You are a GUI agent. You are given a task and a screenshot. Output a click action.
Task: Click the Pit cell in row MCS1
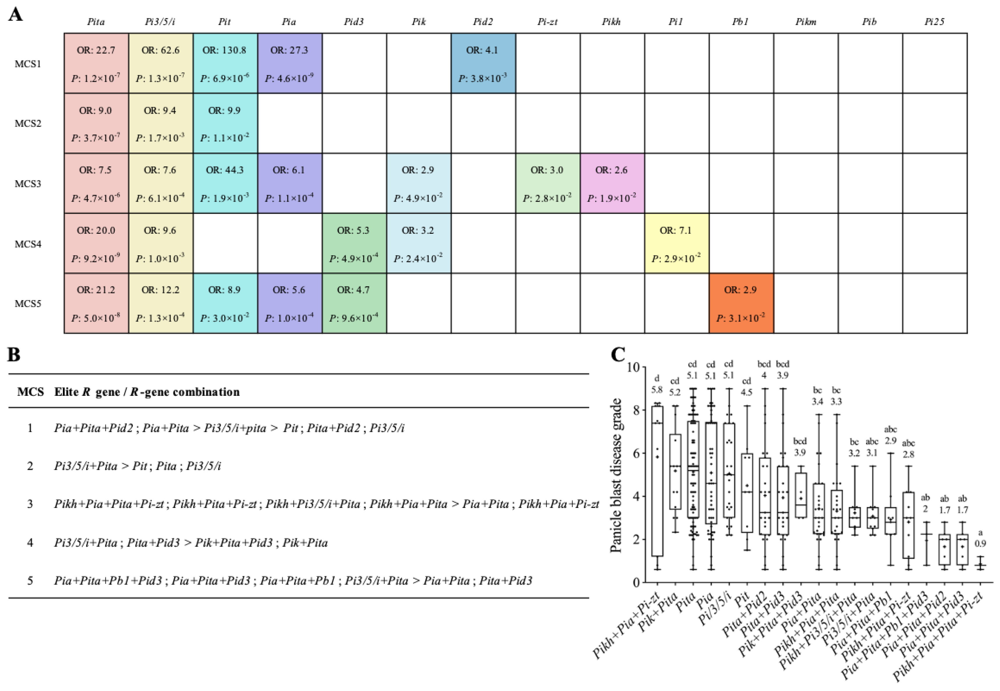coord(225,63)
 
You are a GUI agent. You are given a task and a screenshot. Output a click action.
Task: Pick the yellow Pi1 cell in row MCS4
coord(676,243)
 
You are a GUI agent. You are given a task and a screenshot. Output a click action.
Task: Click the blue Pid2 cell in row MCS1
coord(483,63)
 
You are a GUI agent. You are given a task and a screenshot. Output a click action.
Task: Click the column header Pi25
coord(934,22)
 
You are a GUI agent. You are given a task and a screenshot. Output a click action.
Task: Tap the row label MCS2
coord(28,123)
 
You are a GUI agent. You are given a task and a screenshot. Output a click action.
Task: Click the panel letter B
coord(14,355)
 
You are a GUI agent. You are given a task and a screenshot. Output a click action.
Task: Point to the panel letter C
coord(618,355)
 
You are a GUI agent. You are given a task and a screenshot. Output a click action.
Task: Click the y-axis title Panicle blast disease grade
coord(615,475)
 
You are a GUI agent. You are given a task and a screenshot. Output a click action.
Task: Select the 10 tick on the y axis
coord(633,367)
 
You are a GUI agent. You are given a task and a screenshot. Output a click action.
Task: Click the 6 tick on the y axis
coord(636,453)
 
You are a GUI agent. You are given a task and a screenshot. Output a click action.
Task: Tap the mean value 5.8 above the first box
coord(657,390)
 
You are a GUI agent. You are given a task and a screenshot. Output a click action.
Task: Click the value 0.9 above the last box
coord(980,543)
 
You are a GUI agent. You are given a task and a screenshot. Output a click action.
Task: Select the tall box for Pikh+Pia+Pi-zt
coord(657,481)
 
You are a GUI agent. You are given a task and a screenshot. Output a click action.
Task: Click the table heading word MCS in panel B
coord(30,392)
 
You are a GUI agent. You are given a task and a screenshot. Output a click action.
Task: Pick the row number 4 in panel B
coord(30,543)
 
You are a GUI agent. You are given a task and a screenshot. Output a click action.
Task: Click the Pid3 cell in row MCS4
coord(354,243)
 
